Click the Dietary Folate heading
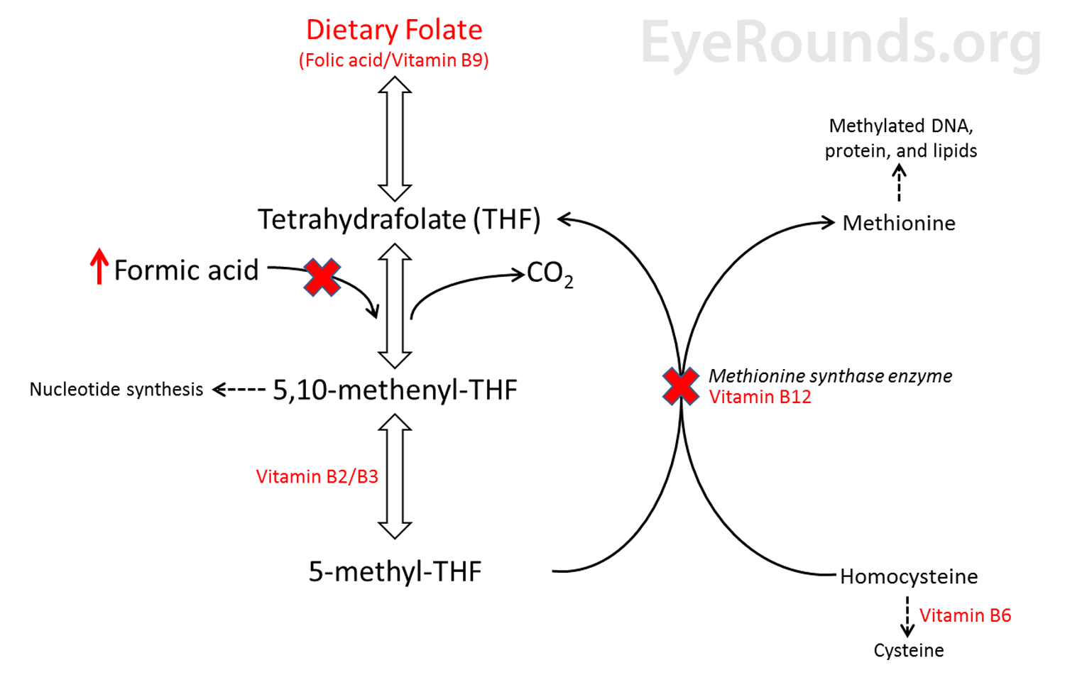click(394, 30)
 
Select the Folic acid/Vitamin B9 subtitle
click(394, 60)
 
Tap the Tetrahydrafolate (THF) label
click(399, 219)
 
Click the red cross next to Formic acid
click(322, 277)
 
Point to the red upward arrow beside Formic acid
click(99, 266)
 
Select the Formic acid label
click(186, 270)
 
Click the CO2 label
click(550, 274)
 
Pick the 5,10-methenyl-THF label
click(395, 390)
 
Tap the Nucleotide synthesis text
click(116, 389)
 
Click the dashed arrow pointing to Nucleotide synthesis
click(239, 389)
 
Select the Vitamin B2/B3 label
click(317, 476)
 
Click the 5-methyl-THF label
click(395, 571)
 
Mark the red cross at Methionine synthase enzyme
click(680, 386)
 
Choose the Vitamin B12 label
click(760, 397)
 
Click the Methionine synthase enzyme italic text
click(830, 375)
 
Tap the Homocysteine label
click(909, 576)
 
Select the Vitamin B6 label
click(965, 615)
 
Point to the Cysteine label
click(909, 650)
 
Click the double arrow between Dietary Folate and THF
click(395, 138)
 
